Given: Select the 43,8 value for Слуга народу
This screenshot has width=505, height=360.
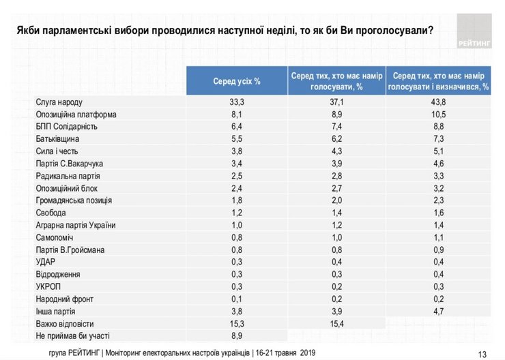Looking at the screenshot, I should tap(438, 102).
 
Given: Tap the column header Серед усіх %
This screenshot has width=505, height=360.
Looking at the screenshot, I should tap(237, 81).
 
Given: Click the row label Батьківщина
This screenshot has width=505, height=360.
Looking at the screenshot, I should tap(57, 138).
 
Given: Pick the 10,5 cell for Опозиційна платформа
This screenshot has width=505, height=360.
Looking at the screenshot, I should tap(438, 114).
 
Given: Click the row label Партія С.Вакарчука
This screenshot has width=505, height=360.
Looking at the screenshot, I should tap(69, 163).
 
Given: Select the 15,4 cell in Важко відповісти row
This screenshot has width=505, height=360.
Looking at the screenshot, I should tap(336, 324).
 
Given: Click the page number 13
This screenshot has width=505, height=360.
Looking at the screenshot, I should tap(482, 354).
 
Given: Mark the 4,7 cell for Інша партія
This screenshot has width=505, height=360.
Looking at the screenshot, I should tap(438, 312).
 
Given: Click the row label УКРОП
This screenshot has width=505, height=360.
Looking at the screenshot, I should tap(47, 287).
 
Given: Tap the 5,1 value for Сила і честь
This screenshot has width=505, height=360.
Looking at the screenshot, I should tap(438, 151).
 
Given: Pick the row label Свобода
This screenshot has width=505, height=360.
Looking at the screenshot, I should tap(51, 212).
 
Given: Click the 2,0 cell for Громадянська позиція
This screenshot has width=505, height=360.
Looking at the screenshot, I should tap(336, 200).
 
